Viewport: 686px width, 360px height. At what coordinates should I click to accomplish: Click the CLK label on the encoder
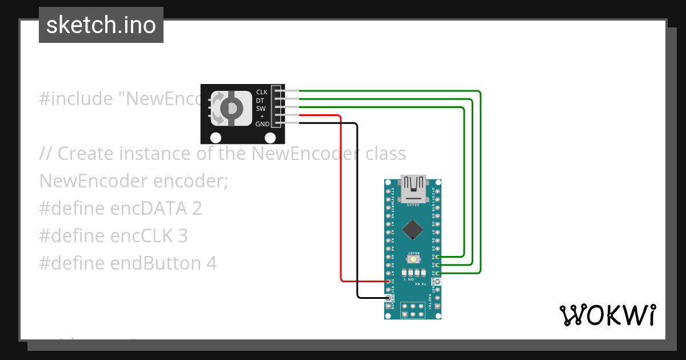click(x=262, y=92)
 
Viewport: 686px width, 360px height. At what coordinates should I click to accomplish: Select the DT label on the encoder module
click(x=260, y=101)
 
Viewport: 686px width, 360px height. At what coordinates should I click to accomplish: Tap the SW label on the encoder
click(x=261, y=109)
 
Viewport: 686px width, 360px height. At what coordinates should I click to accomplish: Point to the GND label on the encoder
click(x=262, y=124)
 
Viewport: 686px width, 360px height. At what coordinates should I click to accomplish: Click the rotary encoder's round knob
click(x=231, y=108)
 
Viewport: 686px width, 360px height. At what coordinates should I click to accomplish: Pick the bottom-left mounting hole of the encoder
click(x=216, y=138)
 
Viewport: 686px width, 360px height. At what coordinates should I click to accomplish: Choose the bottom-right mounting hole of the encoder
click(x=271, y=138)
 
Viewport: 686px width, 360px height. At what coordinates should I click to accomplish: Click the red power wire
click(x=341, y=200)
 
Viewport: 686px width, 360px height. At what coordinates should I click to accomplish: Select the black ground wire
click(x=358, y=211)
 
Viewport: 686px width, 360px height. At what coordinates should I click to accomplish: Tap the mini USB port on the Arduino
click(x=413, y=190)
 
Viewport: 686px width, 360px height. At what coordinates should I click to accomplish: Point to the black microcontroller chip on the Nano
click(x=413, y=230)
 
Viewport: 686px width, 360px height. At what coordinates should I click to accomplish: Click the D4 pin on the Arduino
click(x=438, y=257)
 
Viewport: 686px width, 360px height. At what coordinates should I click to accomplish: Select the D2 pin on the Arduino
click(x=438, y=273)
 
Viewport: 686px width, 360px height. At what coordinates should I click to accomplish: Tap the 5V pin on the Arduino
click(x=388, y=281)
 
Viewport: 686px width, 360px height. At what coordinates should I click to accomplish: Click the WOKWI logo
click(x=607, y=315)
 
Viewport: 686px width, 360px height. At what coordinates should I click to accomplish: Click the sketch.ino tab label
click(x=101, y=25)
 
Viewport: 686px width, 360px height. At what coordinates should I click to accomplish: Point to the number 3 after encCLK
click(x=183, y=236)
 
